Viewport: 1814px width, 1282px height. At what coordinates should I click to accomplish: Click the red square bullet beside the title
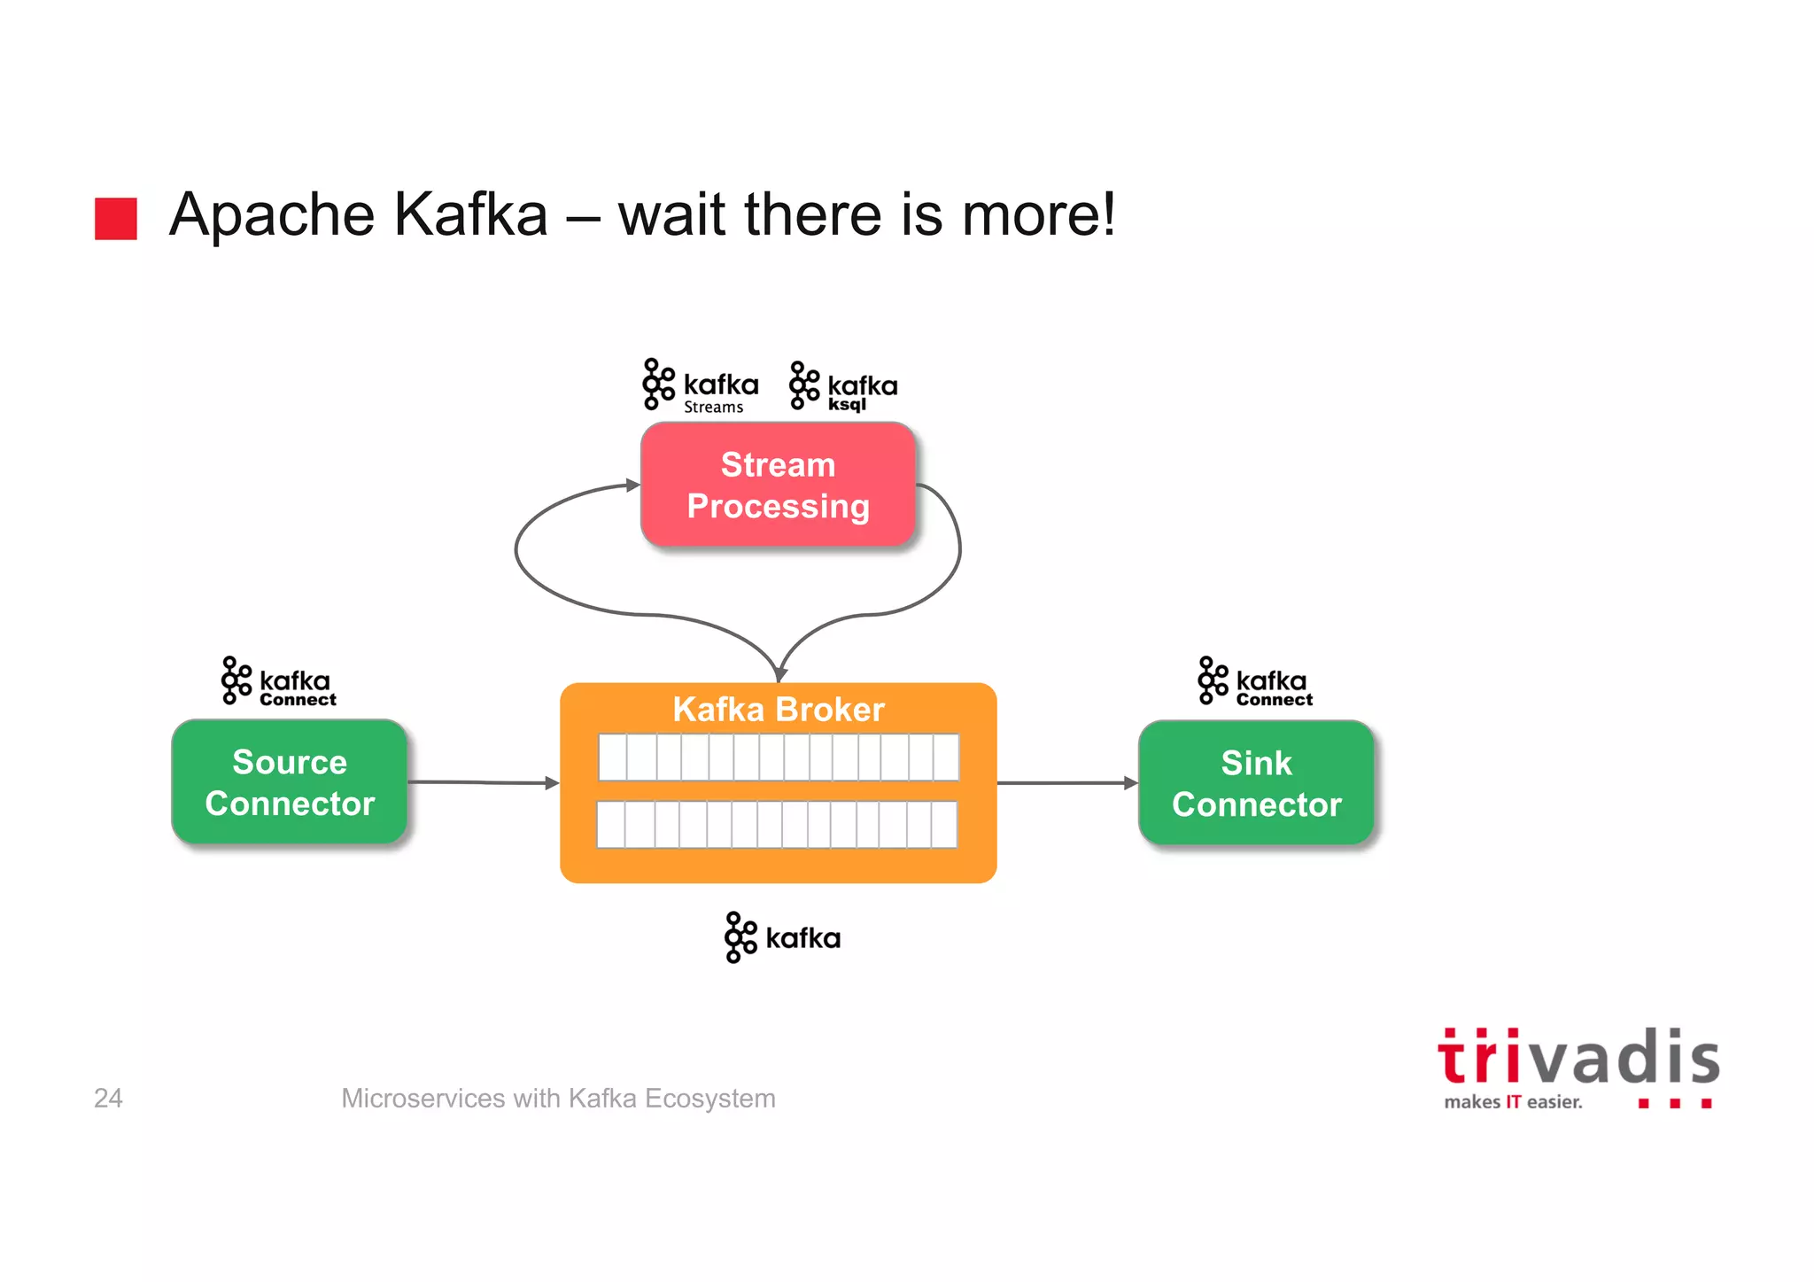116,218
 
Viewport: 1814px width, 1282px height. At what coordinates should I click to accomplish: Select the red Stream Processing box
778,485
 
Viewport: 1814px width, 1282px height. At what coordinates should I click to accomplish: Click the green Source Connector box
290,782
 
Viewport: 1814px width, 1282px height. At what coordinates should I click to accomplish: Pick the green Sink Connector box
1256,783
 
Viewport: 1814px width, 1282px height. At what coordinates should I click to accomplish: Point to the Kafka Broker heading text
778,710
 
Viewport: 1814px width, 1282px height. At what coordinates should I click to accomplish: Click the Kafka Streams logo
701,386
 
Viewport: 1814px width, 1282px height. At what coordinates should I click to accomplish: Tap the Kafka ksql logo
843,387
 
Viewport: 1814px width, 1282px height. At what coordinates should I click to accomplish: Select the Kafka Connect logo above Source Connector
279,681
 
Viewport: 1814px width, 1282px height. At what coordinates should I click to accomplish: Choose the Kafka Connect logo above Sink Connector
1255,681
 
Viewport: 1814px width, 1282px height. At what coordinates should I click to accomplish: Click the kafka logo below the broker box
782,937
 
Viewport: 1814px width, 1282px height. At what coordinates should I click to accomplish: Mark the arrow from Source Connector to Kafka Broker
483,783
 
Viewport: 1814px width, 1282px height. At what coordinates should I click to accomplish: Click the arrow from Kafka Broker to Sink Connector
1067,783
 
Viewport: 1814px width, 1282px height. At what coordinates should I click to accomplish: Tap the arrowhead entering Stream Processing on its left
632,485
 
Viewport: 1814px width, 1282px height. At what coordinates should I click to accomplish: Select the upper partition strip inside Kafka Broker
778,758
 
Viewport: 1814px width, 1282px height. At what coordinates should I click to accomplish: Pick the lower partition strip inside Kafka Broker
777,825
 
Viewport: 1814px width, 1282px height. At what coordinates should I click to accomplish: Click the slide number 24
108,1099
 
